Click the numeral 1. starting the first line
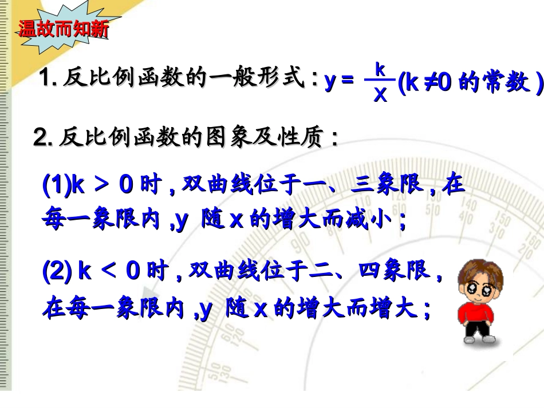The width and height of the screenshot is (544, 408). pyautogui.click(x=47, y=78)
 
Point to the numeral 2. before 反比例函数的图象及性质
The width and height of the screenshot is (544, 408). pyautogui.click(x=44, y=137)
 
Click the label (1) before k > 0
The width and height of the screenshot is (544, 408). pyautogui.click(x=56, y=186)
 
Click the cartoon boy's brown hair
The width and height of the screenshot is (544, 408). pyautogui.click(x=480, y=269)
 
